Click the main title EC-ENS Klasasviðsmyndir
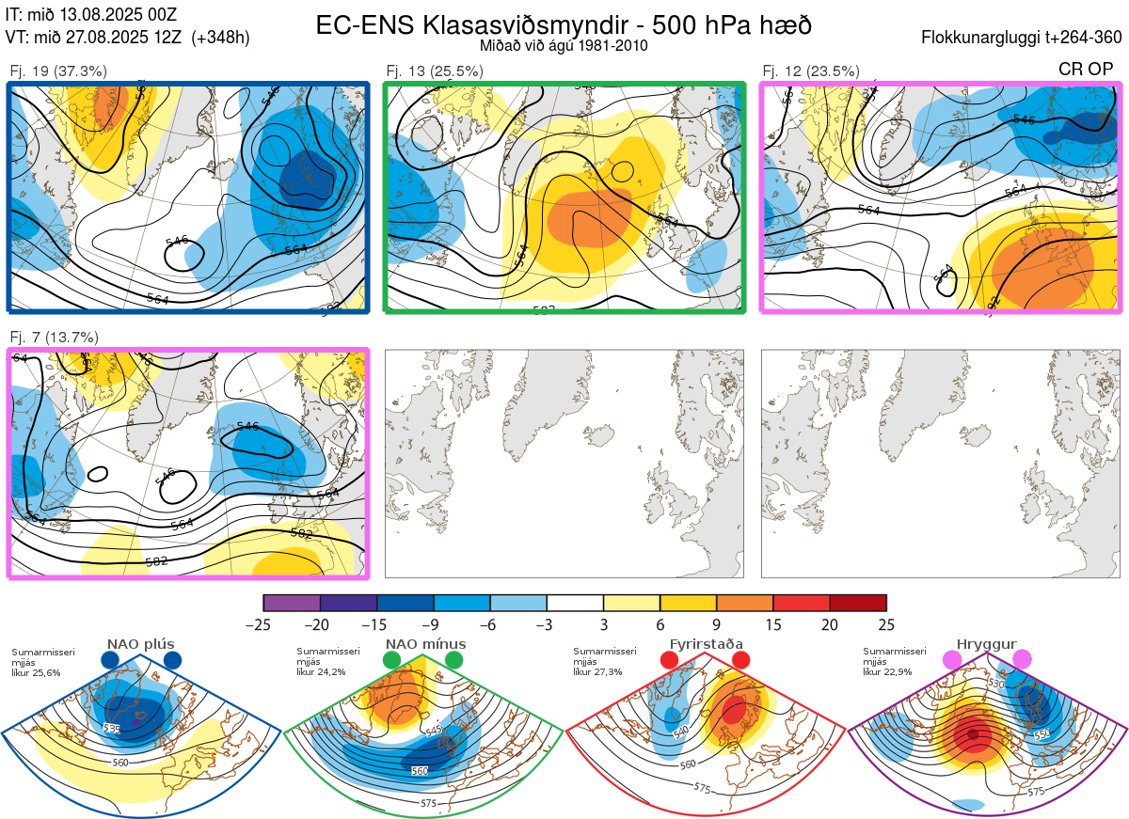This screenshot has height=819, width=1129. click(564, 24)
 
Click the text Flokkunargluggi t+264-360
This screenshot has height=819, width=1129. click(1024, 39)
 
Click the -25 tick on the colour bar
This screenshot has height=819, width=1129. click(263, 624)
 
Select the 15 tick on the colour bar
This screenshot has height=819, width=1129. click(772, 624)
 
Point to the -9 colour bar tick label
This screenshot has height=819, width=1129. click(433, 624)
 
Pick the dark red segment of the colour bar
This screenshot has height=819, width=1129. click(858, 603)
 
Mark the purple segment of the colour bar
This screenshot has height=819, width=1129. click(292, 603)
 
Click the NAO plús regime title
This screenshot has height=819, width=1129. click(140, 644)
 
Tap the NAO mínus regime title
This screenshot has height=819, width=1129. click(425, 644)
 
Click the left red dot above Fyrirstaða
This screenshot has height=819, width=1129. click(670, 660)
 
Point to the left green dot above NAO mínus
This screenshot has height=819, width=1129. click(391, 660)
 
